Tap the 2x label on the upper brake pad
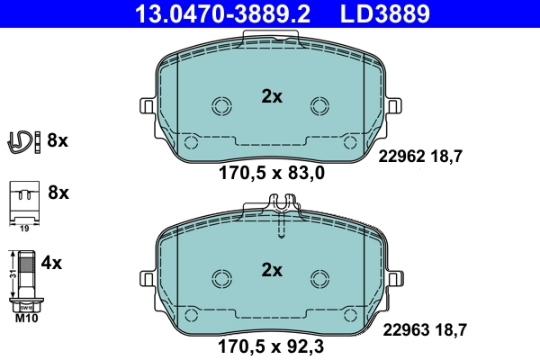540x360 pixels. [272, 96]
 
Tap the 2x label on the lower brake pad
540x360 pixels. [272, 269]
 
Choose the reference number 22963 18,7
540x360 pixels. [423, 330]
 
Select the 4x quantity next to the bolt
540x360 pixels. [52, 264]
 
